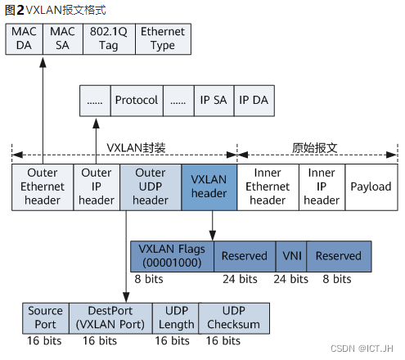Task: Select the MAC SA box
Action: click(x=61, y=38)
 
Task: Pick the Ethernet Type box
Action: click(x=162, y=38)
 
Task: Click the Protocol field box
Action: click(x=136, y=100)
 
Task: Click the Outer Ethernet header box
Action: click(x=43, y=187)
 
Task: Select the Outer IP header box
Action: click(x=97, y=187)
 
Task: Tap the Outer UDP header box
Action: click(x=151, y=187)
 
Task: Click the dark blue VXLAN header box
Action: click(x=209, y=187)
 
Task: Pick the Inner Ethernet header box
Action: click(x=268, y=187)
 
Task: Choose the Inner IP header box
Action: click(x=322, y=187)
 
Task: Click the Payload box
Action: click(x=371, y=187)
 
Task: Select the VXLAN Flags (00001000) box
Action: click(x=172, y=256)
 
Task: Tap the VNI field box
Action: click(x=291, y=256)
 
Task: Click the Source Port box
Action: click(x=45, y=317)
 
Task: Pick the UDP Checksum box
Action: click(x=233, y=317)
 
